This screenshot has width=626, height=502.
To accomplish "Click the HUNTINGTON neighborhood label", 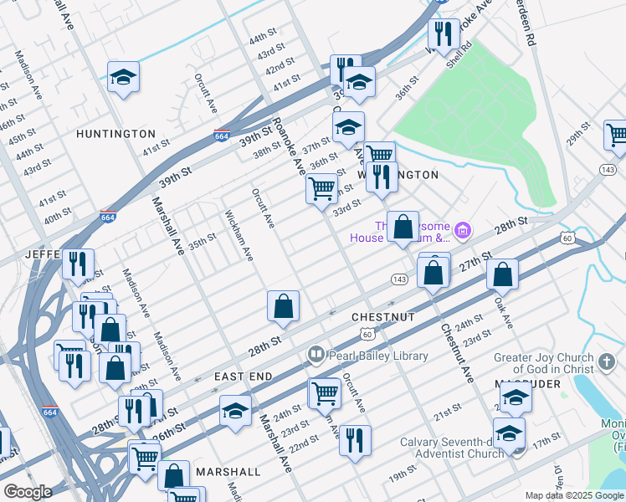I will (115, 134).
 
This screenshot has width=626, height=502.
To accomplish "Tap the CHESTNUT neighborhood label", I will (383, 317).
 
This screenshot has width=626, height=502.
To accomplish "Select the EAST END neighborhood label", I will (243, 377).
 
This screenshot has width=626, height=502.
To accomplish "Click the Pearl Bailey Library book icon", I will (316, 356).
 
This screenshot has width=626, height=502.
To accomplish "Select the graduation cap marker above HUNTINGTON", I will (124, 78).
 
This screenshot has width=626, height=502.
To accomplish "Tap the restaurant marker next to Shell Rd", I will (443, 34).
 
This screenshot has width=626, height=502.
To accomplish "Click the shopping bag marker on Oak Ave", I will (502, 274).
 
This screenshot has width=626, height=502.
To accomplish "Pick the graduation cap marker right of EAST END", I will (235, 412).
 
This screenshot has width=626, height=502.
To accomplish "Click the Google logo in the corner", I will (28, 492).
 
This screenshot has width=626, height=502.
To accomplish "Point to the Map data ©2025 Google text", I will (573, 495).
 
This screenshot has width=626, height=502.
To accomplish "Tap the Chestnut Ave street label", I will (457, 352).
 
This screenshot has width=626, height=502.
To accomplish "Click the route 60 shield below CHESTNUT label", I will (367, 335).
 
